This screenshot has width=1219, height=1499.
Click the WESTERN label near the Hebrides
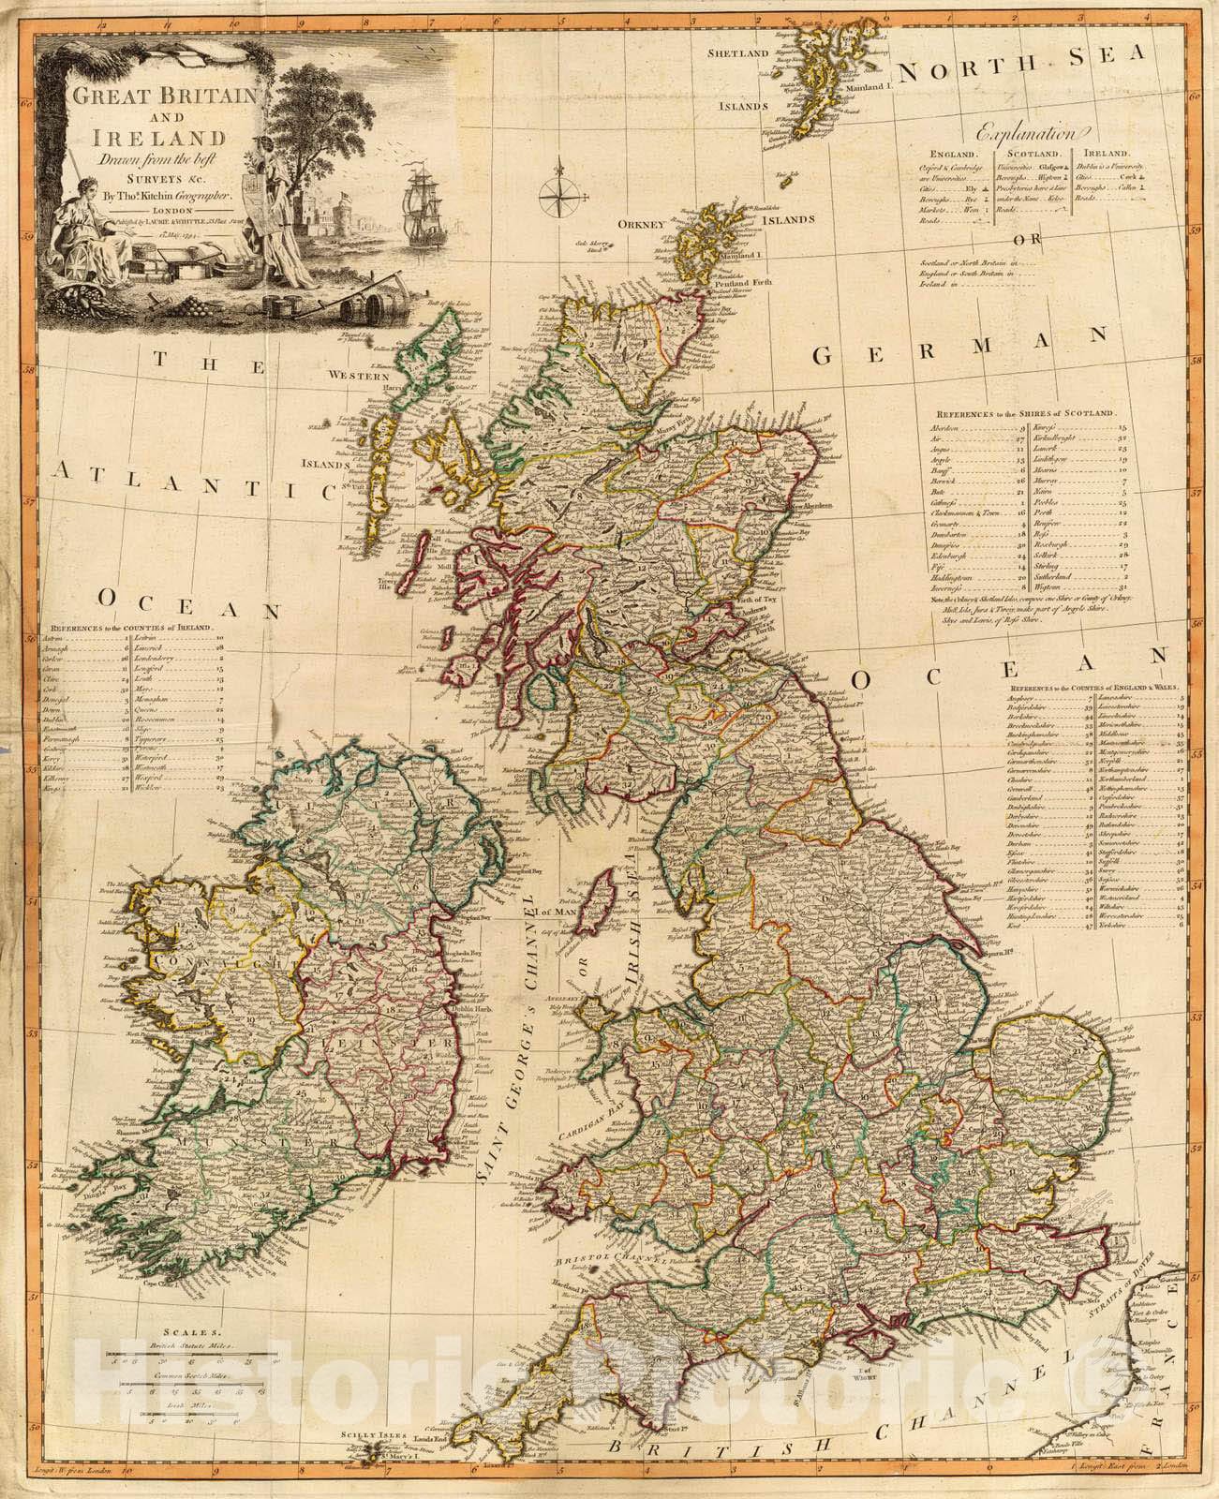click(x=357, y=376)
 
